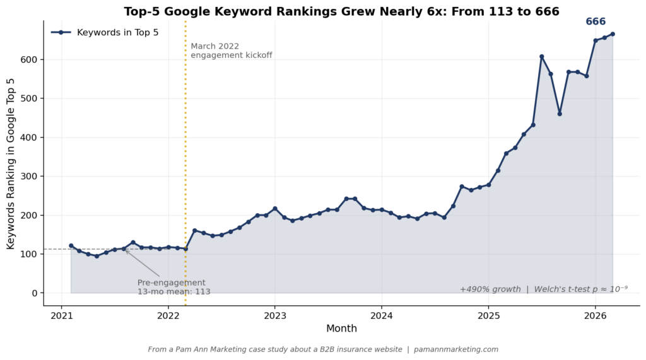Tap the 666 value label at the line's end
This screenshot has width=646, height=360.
pyautogui.click(x=596, y=22)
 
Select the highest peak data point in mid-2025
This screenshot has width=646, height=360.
pyautogui.click(x=541, y=57)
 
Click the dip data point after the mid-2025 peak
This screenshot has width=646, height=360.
pyautogui.click(x=560, y=113)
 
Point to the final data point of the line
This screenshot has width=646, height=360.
pyautogui.click(x=613, y=34)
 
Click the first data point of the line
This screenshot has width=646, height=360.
pyautogui.click(x=71, y=246)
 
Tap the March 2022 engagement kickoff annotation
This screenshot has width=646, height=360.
pyautogui.click(x=231, y=50)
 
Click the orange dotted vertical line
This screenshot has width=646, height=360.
pyautogui.click(x=185, y=158)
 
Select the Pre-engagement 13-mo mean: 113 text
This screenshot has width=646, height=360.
pyautogui.click(x=173, y=287)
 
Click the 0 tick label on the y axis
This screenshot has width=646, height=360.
pyautogui.click(x=35, y=293)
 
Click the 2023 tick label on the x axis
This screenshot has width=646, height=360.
pyautogui.click(x=274, y=314)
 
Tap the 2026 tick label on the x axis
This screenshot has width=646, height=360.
pyautogui.click(x=596, y=314)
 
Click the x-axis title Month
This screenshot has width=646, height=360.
pyautogui.click(x=341, y=328)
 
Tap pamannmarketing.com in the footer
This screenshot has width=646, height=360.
pyautogui.click(x=455, y=349)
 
